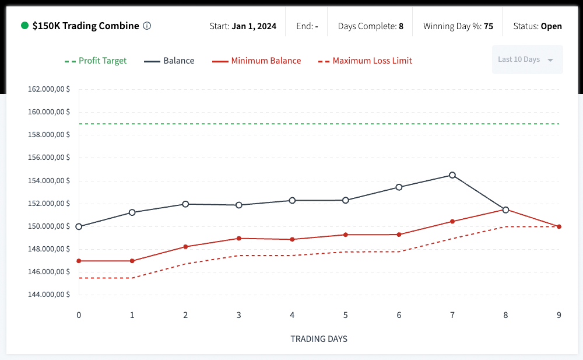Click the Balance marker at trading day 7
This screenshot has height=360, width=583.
click(x=452, y=175)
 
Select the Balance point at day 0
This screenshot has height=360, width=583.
click(x=79, y=226)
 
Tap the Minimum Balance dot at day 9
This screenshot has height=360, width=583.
click(x=559, y=226)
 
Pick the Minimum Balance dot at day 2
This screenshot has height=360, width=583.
click(x=185, y=247)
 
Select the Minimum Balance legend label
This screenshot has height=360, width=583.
click(x=266, y=61)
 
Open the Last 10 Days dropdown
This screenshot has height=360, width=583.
click(x=527, y=60)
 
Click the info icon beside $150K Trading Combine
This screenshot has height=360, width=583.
click(x=147, y=26)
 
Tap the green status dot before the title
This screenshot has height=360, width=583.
click(x=24, y=26)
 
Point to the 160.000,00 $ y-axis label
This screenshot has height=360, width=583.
click(x=49, y=112)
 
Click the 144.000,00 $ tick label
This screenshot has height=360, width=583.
click(x=49, y=295)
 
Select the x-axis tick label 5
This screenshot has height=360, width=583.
click(x=346, y=315)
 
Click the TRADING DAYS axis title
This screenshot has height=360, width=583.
click(x=319, y=338)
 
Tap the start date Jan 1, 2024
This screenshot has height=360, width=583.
click(x=254, y=26)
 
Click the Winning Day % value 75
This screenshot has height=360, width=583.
click(x=489, y=26)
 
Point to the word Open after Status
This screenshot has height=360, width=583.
click(x=552, y=26)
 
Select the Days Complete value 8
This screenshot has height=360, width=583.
click(x=401, y=26)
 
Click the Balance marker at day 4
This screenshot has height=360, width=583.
click(x=292, y=200)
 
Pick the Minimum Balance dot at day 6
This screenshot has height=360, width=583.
click(x=399, y=235)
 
